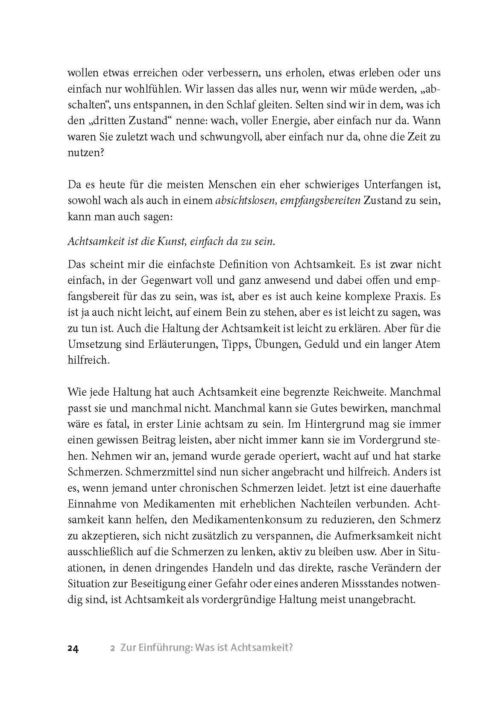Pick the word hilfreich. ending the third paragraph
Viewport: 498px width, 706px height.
pos(87,360)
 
